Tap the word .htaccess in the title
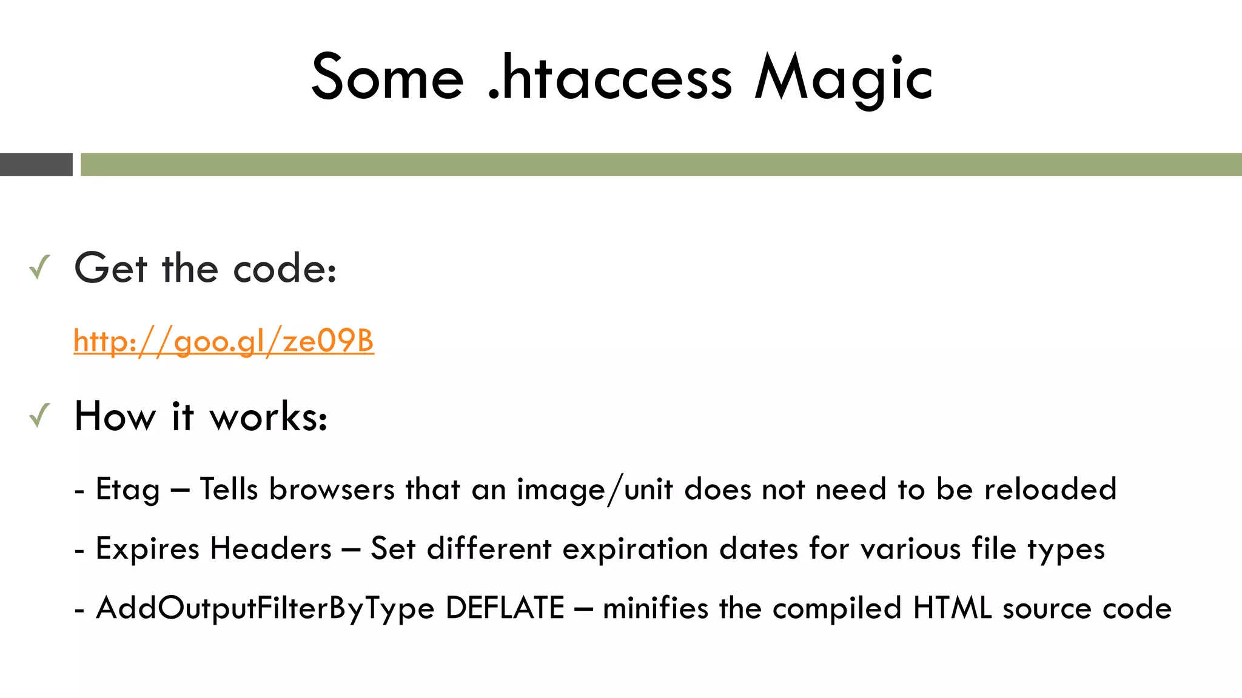click(x=609, y=78)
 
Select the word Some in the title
click(x=388, y=78)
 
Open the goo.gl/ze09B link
click(x=224, y=341)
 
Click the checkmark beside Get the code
click(x=39, y=267)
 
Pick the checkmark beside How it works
click(x=39, y=416)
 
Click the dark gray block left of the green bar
click(x=36, y=164)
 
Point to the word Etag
click(x=128, y=490)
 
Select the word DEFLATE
click(x=505, y=608)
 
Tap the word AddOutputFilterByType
click(x=265, y=609)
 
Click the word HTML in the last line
click(x=952, y=608)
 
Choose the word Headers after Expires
click(x=270, y=549)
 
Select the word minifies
click(x=655, y=608)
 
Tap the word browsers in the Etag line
click(x=332, y=489)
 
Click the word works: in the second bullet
click(x=268, y=417)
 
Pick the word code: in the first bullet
click(x=284, y=268)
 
